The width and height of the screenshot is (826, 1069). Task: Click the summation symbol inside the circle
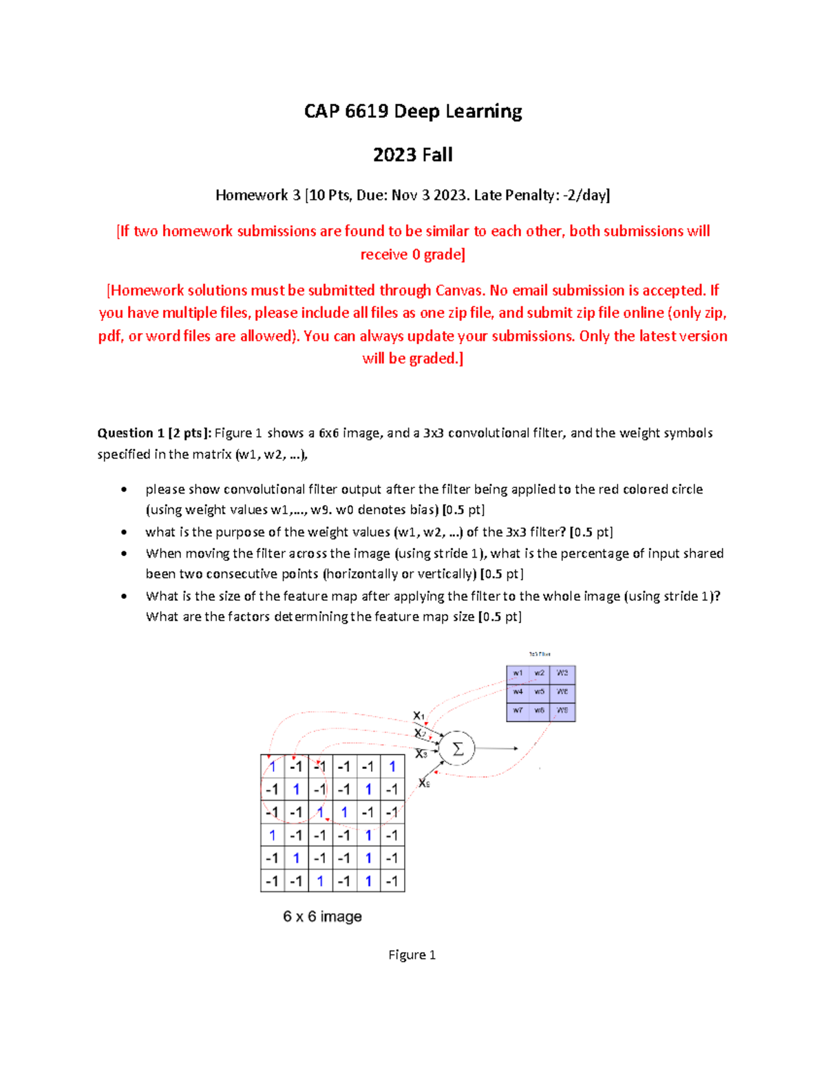(458, 748)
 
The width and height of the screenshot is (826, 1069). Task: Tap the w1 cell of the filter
(518, 673)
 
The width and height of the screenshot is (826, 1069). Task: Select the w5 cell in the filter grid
(540, 692)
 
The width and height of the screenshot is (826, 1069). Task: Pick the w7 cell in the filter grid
(518, 710)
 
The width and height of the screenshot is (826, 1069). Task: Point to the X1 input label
(419, 716)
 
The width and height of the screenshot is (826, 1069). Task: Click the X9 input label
(424, 783)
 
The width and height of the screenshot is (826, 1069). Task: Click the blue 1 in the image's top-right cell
(392, 766)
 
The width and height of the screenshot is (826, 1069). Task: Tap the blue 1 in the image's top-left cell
(273, 766)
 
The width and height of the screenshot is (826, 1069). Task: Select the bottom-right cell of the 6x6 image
(392, 881)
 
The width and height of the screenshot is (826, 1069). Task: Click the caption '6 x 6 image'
(322, 917)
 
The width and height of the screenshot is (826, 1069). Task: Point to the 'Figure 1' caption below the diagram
(412, 955)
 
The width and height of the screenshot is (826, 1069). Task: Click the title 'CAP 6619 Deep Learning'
(413, 112)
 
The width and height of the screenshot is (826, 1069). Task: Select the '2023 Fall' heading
(413, 155)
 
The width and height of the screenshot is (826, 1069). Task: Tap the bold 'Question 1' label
(131, 433)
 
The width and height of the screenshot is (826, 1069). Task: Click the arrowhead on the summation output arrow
(515, 748)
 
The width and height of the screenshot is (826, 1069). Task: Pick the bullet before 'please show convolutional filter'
(124, 489)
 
